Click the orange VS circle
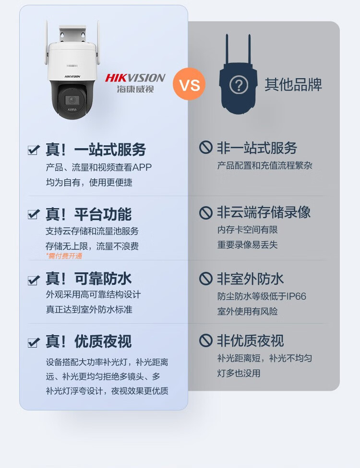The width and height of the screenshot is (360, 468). (189, 84)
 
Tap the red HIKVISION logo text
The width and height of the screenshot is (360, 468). (135, 78)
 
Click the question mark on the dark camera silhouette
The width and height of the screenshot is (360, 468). (239, 85)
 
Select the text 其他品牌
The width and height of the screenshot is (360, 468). (293, 84)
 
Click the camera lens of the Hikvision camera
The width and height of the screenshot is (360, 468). (72, 100)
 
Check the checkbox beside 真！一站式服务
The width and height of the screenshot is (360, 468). (34, 150)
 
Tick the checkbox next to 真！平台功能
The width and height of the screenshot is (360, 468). (34, 214)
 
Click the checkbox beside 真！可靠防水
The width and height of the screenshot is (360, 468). (34, 280)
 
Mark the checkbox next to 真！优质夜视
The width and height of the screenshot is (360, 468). (34, 342)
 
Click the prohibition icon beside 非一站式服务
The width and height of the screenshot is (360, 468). (205, 147)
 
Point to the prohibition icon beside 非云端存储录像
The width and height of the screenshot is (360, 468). (205, 212)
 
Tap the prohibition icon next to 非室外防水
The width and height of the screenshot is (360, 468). (205, 279)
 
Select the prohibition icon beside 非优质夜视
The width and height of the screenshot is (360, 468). (205, 340)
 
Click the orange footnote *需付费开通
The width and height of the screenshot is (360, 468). (64, 256)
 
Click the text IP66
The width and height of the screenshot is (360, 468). (296, 296)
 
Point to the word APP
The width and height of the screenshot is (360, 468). (142, 167)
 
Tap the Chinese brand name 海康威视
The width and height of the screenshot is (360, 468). (135, 89)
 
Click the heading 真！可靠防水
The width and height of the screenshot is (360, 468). (89, 279)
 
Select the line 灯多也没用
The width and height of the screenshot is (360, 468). (239, 373)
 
